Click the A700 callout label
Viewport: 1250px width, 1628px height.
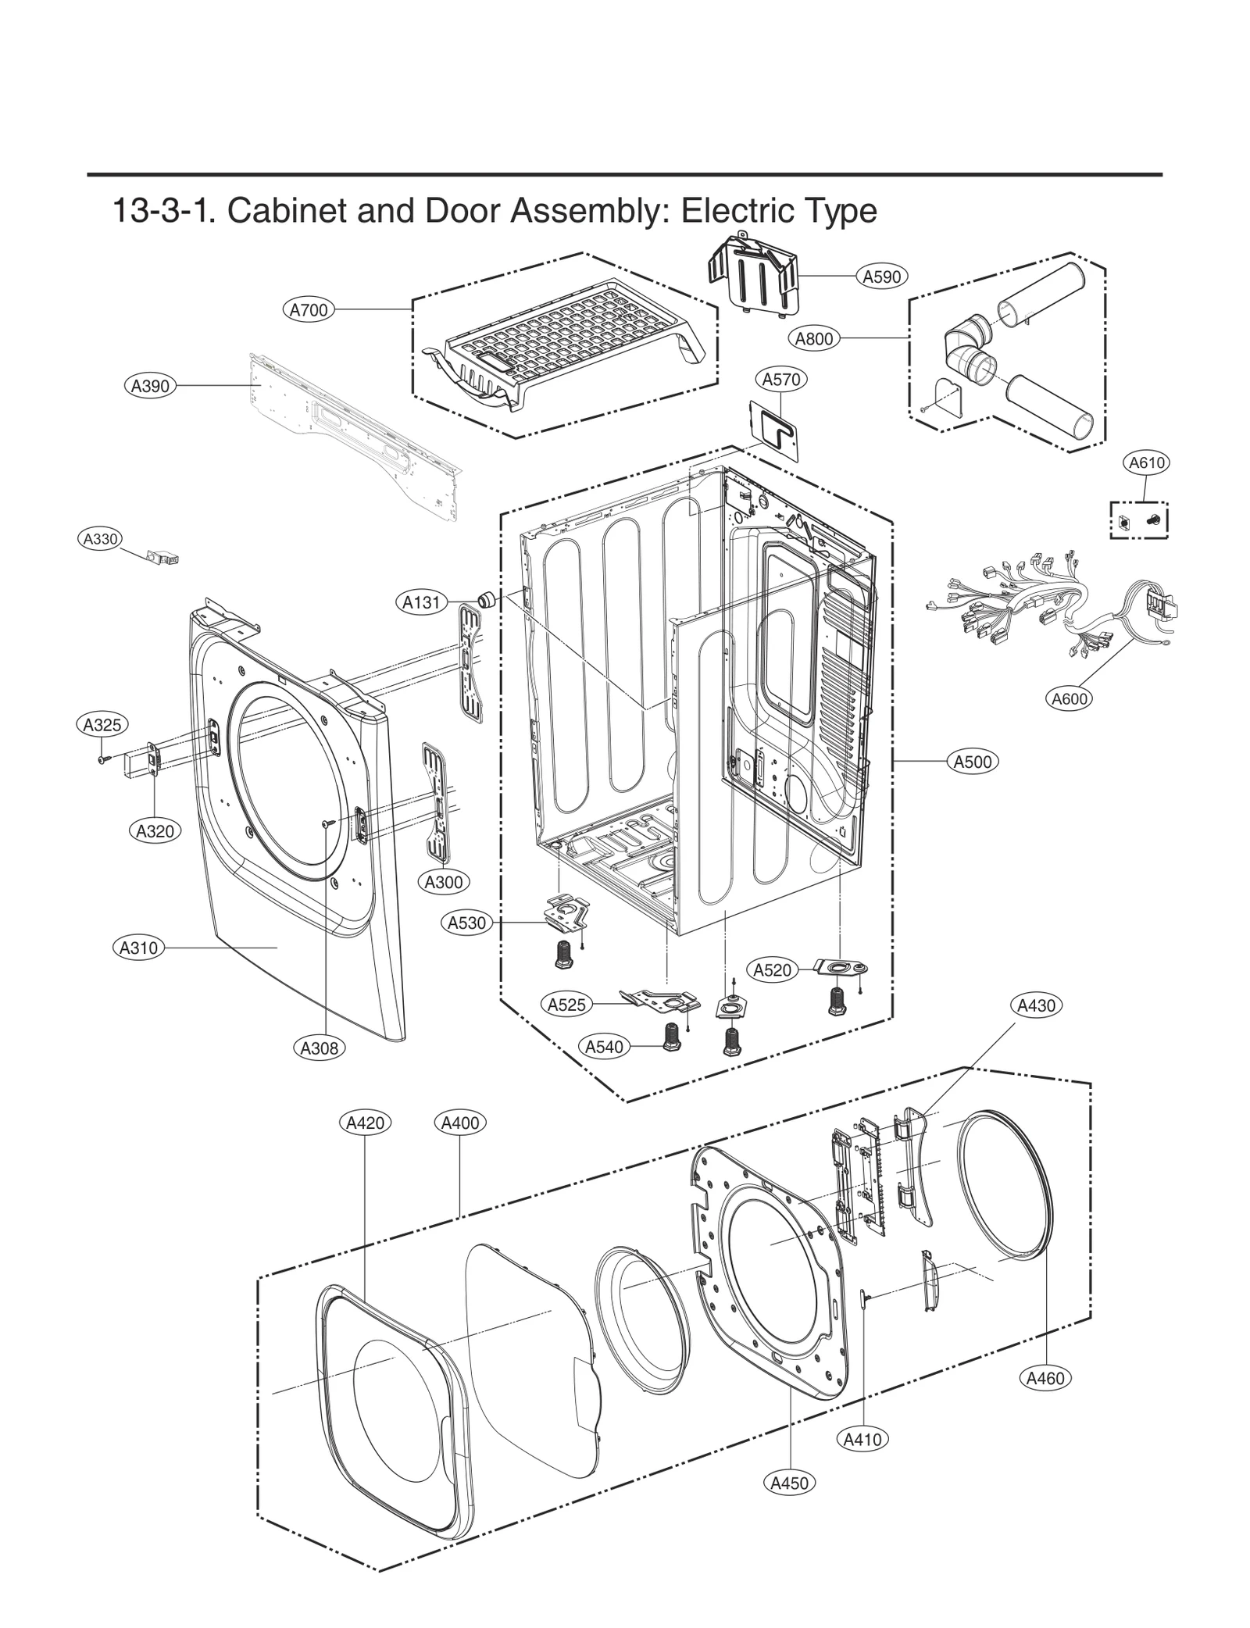309,310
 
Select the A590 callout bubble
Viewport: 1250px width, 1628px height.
882,276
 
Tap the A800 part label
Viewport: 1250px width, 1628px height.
814,338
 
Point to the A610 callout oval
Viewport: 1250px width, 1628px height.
1147,462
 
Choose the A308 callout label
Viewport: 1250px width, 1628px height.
320,1048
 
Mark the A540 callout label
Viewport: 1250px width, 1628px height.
605,1046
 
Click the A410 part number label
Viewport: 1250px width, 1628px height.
863,1438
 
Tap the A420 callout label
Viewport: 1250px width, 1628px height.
365,1123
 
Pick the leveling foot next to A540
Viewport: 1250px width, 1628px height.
669,1037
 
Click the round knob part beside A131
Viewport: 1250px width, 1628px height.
487,600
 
